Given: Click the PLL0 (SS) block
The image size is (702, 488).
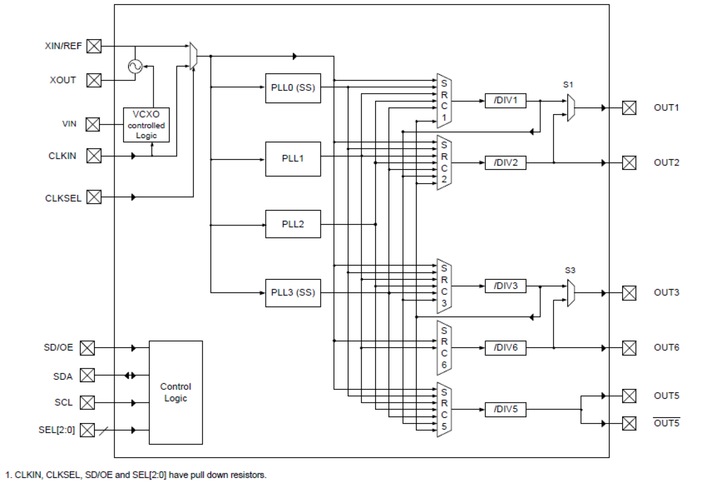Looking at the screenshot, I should pyautogui.click(x=293, y=88).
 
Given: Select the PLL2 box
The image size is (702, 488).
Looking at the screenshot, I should pyautogui.click(x=293, y=224).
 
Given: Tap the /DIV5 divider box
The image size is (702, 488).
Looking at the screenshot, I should pyautogui.click(x=505, y=410).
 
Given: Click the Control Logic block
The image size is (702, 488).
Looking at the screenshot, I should pyautogui.click(x=175, y=392).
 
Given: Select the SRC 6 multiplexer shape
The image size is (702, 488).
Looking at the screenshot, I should pyautogui.click(x=444, y=347).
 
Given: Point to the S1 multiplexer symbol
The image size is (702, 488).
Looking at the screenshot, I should pyautogui.click(x=571, y=107).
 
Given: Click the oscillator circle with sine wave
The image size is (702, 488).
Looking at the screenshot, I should pyautogui.click(x=135, y=67).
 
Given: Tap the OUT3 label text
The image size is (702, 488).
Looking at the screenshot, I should pyautogui.click(x=666, y=293).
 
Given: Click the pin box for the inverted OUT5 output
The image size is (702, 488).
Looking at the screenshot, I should pyautogui.click(x=629, y=424).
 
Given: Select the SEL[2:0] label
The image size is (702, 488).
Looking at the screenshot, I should pyautogui.click(x=57, y=430).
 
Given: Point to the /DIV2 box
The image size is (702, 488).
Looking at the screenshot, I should pyautogui.click(x=505, y=163).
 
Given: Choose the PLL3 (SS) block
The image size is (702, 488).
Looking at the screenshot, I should pyautogui.click(x=293, y=293).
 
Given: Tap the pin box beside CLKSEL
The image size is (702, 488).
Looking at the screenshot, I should pyautogui.click(x=94, y=197).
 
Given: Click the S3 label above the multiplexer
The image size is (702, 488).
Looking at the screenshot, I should pyautogui.click(x=570, y=270).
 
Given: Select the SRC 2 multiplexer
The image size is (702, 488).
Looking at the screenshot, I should pyautogui.click(x=444, y=162).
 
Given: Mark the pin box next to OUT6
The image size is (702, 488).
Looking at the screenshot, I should pyautogui.click(x=629, y=348).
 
